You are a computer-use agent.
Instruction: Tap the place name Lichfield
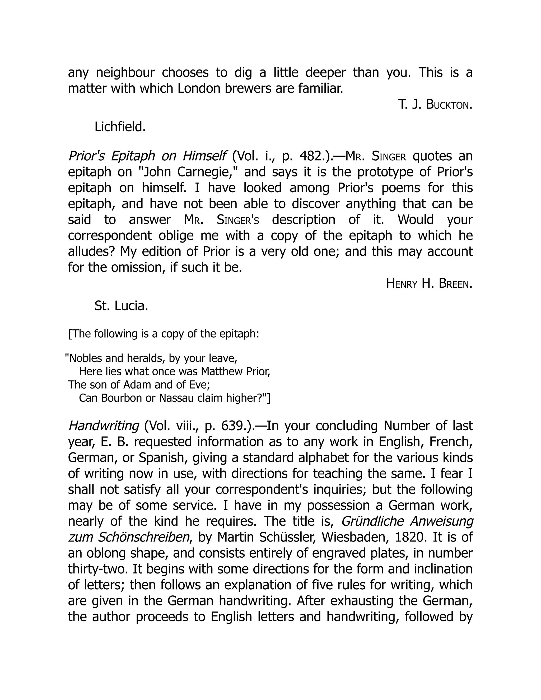(x=120, y=127)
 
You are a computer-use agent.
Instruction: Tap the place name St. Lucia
(x=121, y=306)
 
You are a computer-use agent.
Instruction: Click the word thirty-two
(x=98, y=569)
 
